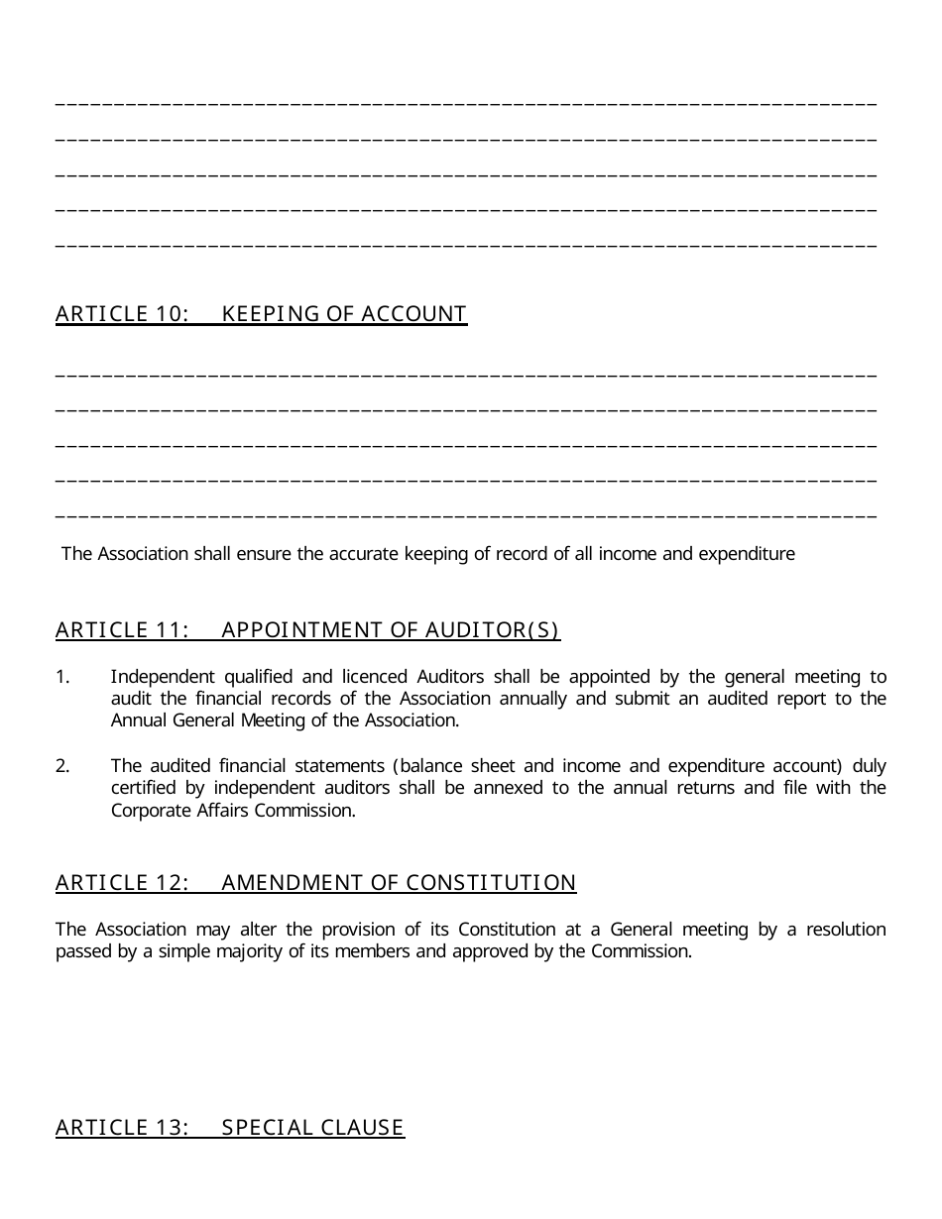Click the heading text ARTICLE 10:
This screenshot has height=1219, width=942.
122,314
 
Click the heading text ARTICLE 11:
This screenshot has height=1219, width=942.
122,630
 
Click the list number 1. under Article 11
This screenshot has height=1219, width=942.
62,677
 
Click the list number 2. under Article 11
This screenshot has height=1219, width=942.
62,766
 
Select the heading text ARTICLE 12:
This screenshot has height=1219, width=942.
122,883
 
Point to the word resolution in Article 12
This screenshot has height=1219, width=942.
846,930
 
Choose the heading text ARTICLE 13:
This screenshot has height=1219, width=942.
122,1128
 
